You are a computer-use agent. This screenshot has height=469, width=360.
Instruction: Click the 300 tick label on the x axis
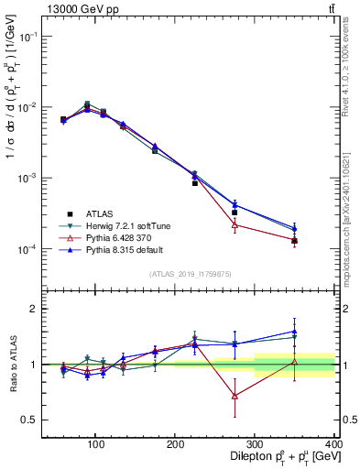click(x=255, y=444)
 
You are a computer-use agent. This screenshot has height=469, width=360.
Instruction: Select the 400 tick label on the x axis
click(x=333, y=444)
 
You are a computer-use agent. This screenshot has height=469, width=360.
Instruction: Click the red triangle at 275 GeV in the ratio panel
click(x=235, y=396)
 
